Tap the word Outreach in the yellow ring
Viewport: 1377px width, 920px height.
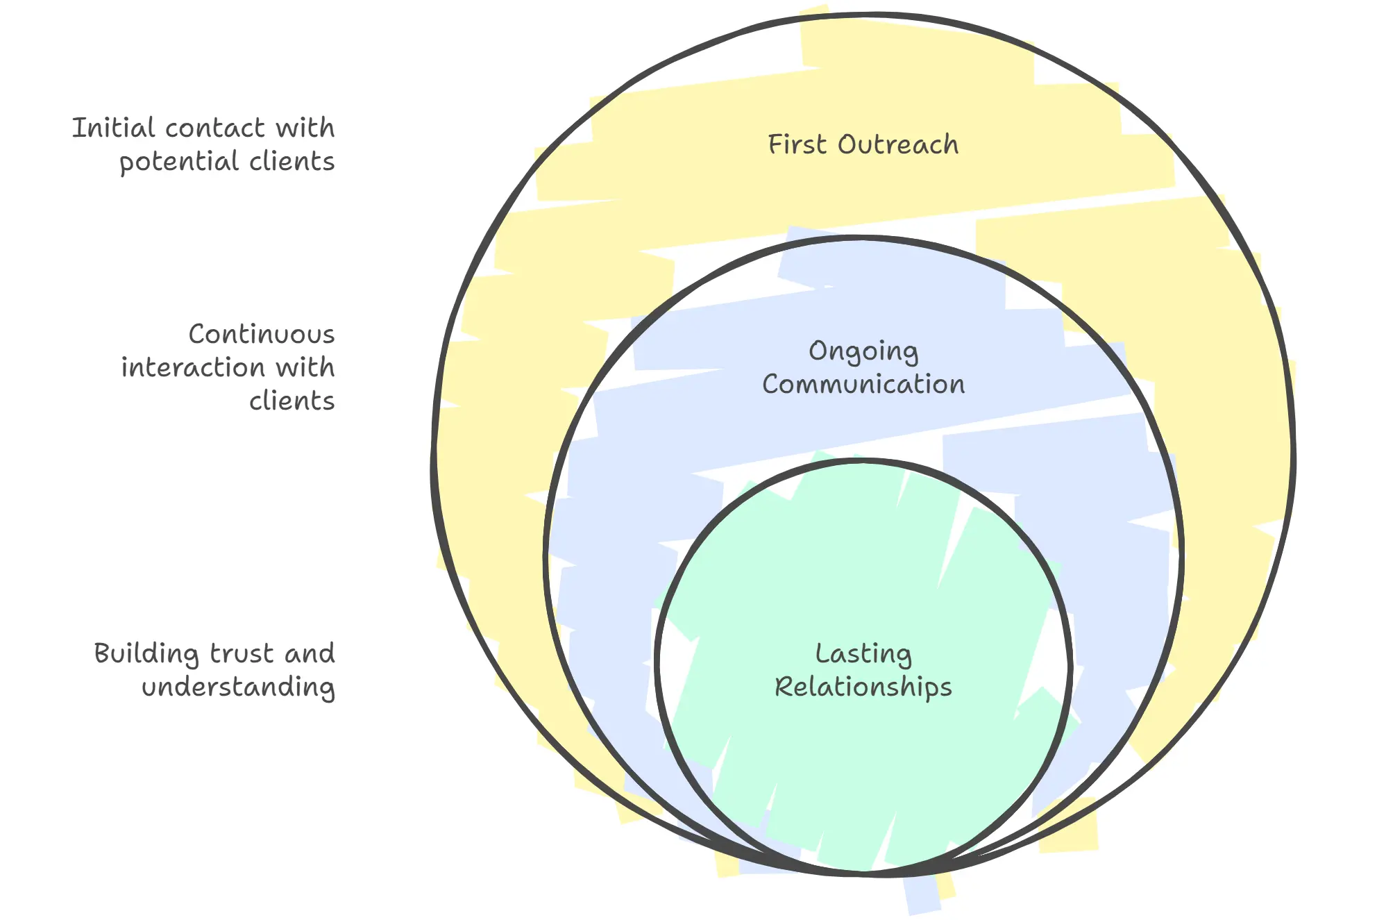tap(898, 144)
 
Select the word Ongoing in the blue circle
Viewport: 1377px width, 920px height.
tap(863, 351)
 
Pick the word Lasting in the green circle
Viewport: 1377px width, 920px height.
tap(863, 654)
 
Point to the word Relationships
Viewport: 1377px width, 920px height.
tap(863, 687)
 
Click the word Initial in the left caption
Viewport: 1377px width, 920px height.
tap(113, 128)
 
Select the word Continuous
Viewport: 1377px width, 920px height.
tap(262, 335)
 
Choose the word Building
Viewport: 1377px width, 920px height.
tap(146, 654)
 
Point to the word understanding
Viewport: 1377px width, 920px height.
tap(238, 687)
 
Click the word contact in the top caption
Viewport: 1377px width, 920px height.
tap(214, 128)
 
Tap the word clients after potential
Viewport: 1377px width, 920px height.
tap(292, 162)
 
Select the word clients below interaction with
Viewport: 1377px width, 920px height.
tap(292, 401)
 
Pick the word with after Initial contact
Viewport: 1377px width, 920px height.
tap(305, 128)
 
